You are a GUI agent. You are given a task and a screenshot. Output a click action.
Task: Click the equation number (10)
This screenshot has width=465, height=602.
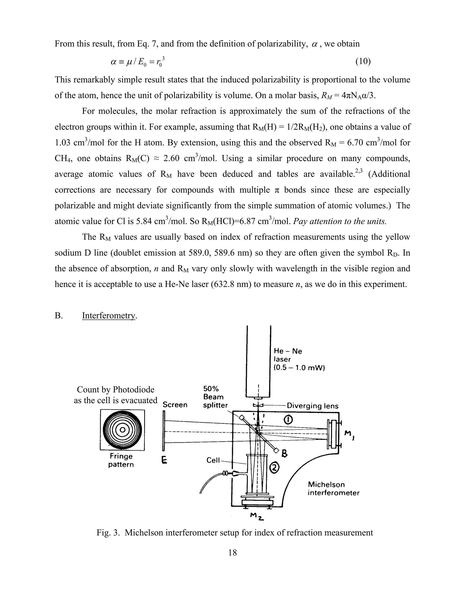coord(363,62)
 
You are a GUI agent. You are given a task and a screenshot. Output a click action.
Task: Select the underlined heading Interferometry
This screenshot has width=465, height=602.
coord(109,315)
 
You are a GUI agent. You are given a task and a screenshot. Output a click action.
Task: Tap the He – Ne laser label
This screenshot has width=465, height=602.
coord(288,351)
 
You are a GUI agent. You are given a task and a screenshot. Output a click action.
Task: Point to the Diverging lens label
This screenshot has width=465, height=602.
coord(312,406)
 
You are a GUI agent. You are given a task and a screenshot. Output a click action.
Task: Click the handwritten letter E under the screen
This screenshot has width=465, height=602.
coord(164,460)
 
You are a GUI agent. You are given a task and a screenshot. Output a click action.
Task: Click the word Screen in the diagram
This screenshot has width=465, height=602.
coord(175,405)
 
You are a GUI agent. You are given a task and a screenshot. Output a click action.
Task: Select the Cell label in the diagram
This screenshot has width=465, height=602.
coord(213,460)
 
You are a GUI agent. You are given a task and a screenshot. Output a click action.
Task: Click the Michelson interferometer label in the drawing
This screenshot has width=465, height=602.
coord(333,489)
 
